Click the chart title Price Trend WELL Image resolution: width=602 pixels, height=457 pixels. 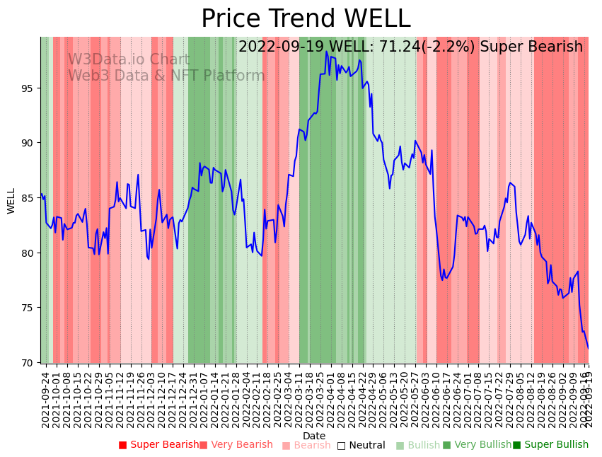[x=306, y=19]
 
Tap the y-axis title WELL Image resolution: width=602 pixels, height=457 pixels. [x=11, y=200]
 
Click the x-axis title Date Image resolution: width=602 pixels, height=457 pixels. [x=314, y=436]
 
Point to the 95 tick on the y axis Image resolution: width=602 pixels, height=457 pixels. [x=28, y=88]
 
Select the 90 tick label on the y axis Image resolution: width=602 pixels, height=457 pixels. [x=28, y=143]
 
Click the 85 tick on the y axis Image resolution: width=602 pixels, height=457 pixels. [x=28, y=198]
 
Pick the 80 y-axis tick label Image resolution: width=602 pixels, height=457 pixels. [x=28, y=253]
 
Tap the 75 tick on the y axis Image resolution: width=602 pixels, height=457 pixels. [x=28, y=308]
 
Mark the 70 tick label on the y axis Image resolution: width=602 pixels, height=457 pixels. [x=28, y=363]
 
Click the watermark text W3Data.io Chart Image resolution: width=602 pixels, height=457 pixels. [x=129, y=60]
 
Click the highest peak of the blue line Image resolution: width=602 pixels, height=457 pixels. [x=326, y=52]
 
